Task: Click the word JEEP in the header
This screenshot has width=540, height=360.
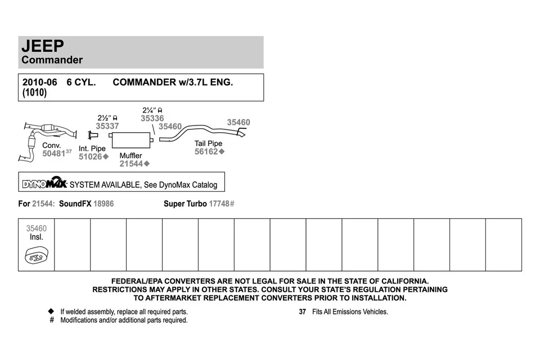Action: [43, 46]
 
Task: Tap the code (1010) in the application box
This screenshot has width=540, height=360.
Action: [34, 93]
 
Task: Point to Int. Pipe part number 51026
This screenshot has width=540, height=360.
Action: [90, 157]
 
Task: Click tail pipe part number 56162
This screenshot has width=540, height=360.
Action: [206, 152]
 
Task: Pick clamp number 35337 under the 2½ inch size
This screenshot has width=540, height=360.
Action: [107, 127]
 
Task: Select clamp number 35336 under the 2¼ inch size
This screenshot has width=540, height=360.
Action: [152, 119]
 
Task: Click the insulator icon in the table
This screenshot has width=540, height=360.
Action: [36, 258]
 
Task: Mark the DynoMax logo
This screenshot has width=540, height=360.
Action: [44, 183]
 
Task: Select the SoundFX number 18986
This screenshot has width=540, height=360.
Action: [103, 204]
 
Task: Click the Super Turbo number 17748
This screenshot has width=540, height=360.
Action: [219, 204]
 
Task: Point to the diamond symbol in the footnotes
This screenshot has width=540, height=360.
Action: [51, 311]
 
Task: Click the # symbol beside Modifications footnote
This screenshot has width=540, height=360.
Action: [51, 320]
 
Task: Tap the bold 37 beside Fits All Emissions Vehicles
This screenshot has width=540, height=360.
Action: [302, 312]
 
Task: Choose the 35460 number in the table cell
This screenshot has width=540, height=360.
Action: [36, 228]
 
